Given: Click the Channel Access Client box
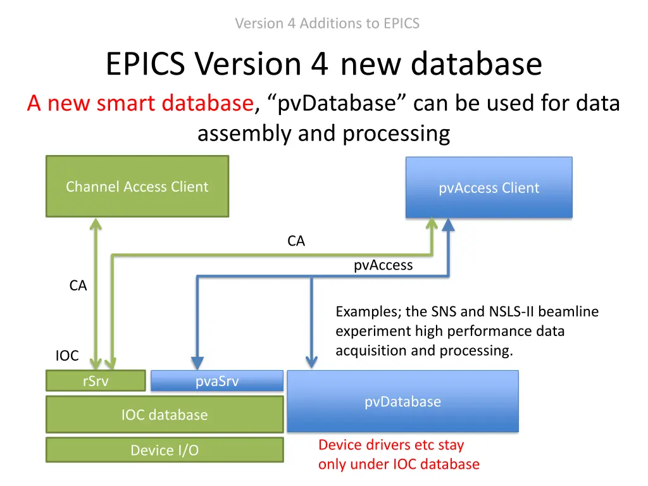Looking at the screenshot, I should tap(137, 187).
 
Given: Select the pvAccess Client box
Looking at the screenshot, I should tap(489, 188).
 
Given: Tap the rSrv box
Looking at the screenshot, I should tap(96, 381).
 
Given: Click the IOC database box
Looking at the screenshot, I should tap(164, 414).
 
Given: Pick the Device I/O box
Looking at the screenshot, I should tap(164, 450).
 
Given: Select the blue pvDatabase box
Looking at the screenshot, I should tap(402, 401).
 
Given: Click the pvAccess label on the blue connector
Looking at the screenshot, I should tap(383, 265).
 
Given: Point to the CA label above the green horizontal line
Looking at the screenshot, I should tap(296, 241).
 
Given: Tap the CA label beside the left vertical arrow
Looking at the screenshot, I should tap(78, 286).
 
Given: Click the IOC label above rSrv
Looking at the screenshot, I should tap(67, 356).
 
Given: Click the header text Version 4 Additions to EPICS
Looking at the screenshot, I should tap(327, 23).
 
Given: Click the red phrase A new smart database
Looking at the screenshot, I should tap(140, 103).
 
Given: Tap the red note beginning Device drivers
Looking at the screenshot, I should tap(398, 454).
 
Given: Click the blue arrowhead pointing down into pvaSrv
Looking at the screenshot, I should tap(197, 363).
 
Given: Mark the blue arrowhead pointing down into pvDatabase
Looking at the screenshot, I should tap(311, 362).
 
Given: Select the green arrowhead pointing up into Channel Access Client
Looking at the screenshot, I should tap(95, 225).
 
